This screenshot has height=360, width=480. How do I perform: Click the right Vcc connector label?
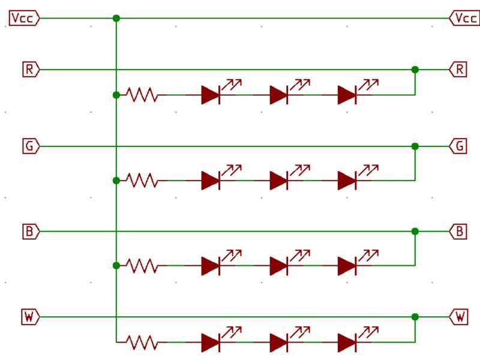tap(464, 19)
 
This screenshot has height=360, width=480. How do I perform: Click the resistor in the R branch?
tap(142, 95)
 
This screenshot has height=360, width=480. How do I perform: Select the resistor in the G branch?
tap(142, 180)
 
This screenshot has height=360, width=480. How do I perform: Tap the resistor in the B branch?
tap(142, 265)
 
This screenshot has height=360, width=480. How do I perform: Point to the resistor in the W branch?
tap(142, 343)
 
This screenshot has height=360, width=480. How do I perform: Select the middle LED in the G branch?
tap(278, 180)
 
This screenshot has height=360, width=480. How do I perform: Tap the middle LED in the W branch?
tap(278, 343)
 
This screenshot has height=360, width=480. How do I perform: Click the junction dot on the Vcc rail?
tap(116, 19)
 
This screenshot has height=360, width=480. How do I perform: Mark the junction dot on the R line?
tap(415, 70)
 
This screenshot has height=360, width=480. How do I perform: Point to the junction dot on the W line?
tap(415, 316)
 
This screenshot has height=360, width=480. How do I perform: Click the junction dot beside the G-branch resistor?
tap(116, 180)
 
